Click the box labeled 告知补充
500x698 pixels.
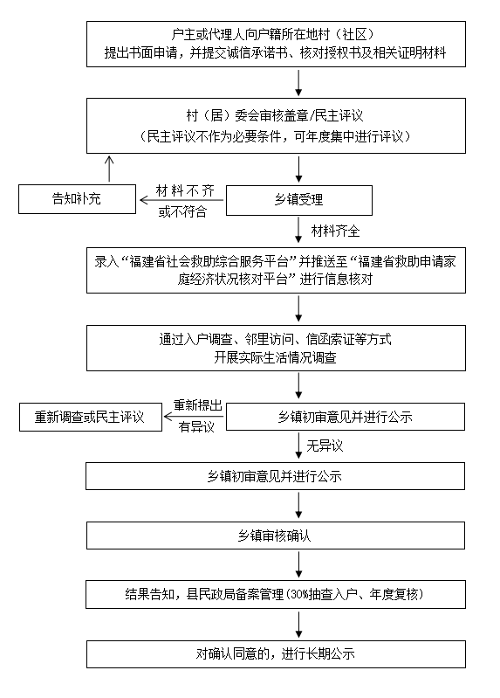click(77, 199)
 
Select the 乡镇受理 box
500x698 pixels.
click(299, 200)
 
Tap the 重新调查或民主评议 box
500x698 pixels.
click(90, 417)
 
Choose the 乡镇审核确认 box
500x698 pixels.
click(276, 536)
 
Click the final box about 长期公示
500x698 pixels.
click(276, 654)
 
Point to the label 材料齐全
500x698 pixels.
click(335, 231)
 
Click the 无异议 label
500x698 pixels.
click(325, 446)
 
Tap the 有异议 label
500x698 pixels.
click(196, 427)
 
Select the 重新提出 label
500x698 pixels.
click(197, 405)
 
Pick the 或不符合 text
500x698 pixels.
click(183, 211)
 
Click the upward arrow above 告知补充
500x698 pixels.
click(109, 169)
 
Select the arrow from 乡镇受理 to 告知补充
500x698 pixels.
click(182, 200)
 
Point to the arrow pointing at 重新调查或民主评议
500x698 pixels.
click(194, 417)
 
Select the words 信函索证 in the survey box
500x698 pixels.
click(331, 340)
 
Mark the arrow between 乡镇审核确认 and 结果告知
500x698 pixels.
click(299, 564)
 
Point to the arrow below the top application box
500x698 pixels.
click(299, 82)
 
